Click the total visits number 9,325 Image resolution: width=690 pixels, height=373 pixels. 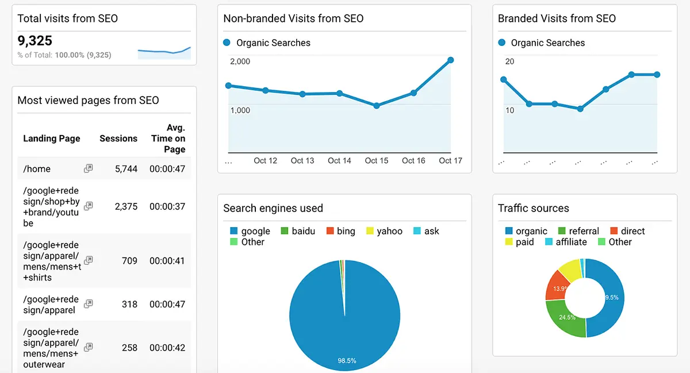tap(35, 41)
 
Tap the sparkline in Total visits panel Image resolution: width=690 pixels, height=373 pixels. tap(164, 53)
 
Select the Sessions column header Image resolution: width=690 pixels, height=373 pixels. tap(118, 139)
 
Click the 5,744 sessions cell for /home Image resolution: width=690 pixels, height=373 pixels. tap(126, 169)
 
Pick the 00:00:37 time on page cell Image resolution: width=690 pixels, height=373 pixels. tap(167, 206)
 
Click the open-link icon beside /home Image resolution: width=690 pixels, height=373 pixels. tap(88, 169)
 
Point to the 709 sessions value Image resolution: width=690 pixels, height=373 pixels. tap(129, 261)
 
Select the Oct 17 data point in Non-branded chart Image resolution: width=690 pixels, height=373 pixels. tap(450, 60)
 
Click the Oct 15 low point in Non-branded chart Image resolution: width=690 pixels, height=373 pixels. tap(377, 106)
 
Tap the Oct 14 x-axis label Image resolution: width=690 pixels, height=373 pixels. tap(339, 161)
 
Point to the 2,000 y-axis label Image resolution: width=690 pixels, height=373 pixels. tap(240, 61)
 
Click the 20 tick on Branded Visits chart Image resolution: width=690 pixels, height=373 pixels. tap(509, 61)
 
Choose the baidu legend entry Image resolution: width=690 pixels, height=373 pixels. tap(298, 231)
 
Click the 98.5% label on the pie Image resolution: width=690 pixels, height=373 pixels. tap(347, 361)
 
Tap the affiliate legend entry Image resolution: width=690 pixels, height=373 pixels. tap(566, 242)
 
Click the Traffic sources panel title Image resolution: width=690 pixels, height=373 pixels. tap(534, 208)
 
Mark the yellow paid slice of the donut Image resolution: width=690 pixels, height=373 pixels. tap(570, 269)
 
